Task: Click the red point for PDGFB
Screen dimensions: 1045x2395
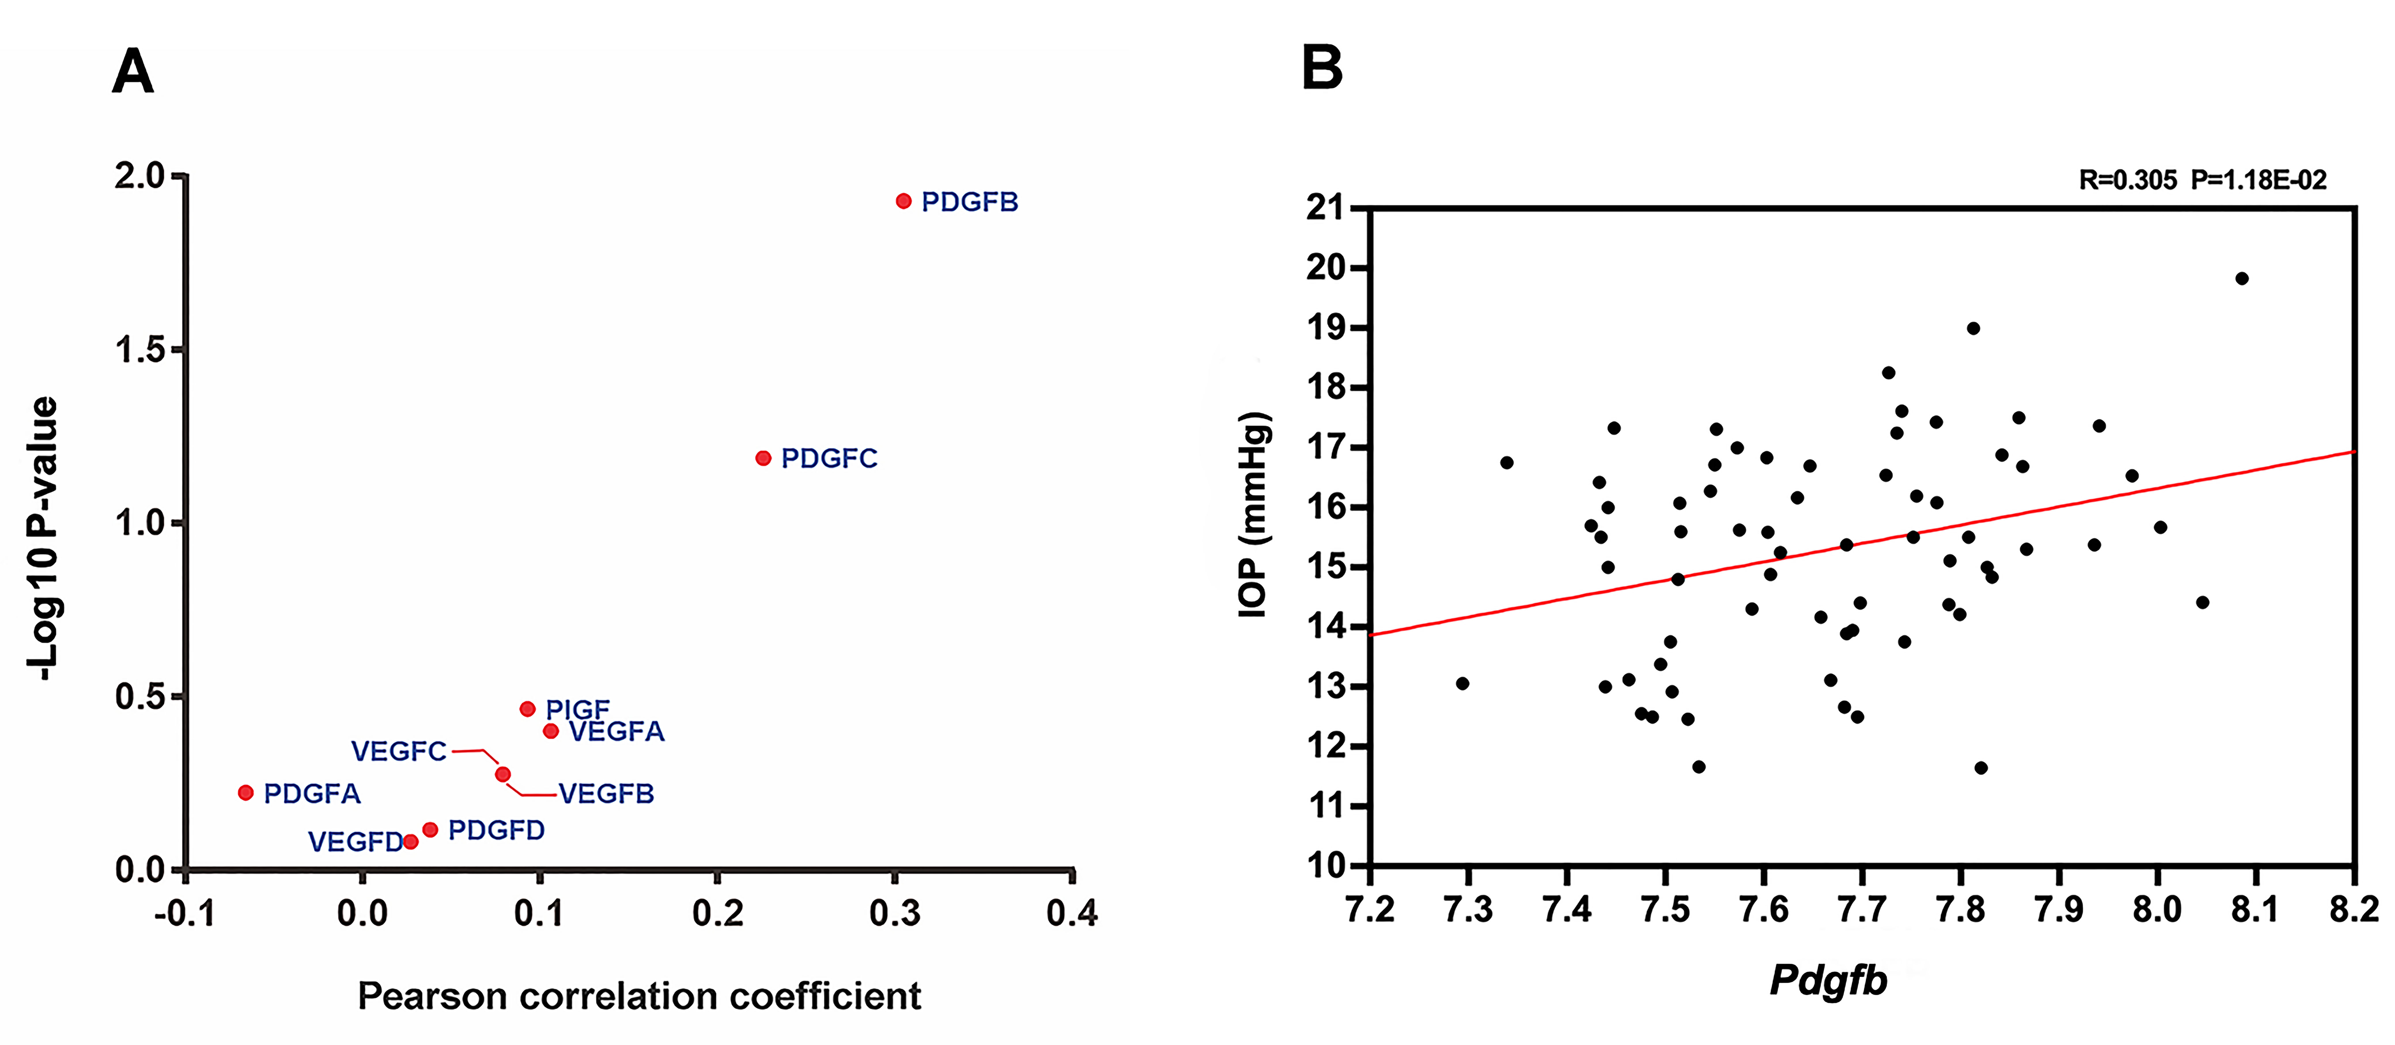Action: tap(903, 201)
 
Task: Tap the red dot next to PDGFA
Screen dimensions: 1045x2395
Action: tap(245, 792)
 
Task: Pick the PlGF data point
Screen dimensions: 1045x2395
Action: tap(527, 708)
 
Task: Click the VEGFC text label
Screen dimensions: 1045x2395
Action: tap(399, 751)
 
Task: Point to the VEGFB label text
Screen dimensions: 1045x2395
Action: tap(606, 794)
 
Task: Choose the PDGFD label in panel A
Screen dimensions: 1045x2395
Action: tap(496, 830)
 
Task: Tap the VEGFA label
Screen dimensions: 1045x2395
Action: tap(617, 732)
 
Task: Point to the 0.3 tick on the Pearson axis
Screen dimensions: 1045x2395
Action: tap(894, 913)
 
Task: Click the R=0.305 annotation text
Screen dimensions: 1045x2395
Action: tap(2127, 180)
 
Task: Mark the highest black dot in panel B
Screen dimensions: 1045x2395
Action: tap(2242, 278)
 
